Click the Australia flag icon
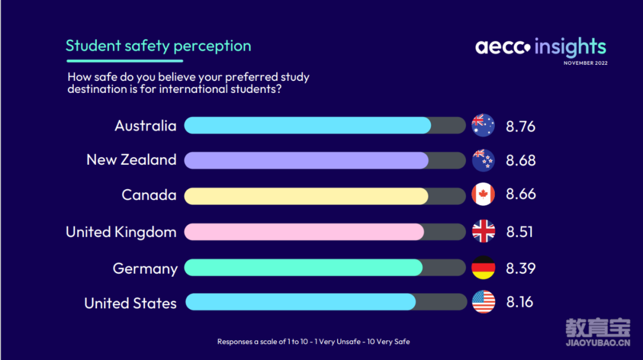click(483, 125)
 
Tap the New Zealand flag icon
click(483, 160)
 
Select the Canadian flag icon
click(483, 194)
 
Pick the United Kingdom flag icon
click(483, 231)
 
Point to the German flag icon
click(483, 268)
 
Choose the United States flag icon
click(483, 302)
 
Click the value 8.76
click(520, 126)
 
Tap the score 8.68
click(520, 160)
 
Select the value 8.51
click(520, 231)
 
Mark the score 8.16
click(520, 302)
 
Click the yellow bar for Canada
click(307, 196)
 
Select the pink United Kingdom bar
click(304, 231)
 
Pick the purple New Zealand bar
click(307, 160)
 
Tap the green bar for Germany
click(304, 267)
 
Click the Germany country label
click(145, 269)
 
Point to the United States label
click(130, 303)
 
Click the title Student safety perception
click(158, 46)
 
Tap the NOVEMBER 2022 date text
click(586, 63)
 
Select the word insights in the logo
click(570, 47)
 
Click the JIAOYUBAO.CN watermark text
click(598, 343)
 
